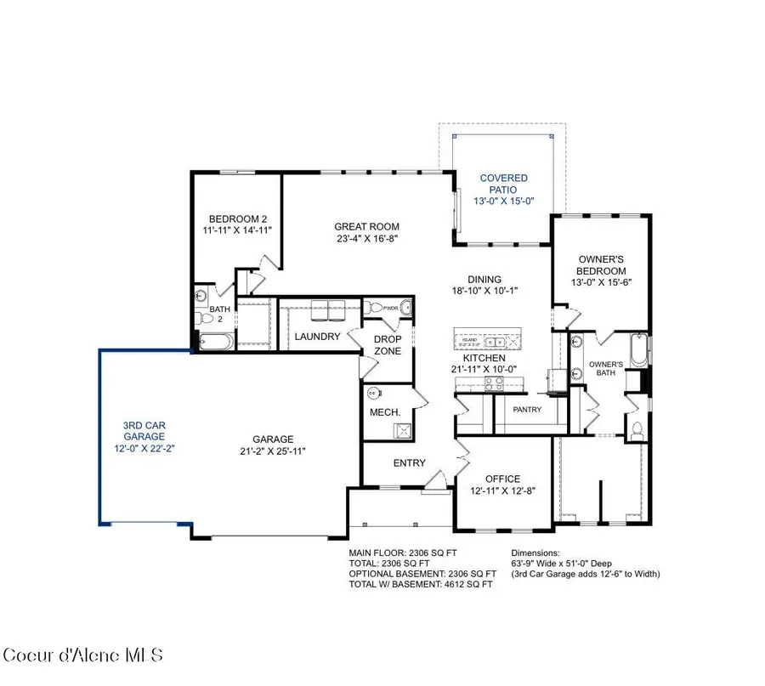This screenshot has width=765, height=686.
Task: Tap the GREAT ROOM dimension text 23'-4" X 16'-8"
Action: [x=365, y=239]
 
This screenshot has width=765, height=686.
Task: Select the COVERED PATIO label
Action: [x=504, y=184]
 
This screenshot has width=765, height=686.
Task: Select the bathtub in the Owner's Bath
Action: [x=638, y=350]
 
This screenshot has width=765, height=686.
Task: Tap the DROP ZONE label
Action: [x=388, y=345]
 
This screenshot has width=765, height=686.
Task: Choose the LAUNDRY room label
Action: [x=317, y=337]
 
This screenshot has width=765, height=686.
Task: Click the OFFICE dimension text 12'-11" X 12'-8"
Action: [x=502, y=490]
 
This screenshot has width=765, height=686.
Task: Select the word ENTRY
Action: [x=409, y=463]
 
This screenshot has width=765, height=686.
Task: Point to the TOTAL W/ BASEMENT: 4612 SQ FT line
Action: [x=421, y=584]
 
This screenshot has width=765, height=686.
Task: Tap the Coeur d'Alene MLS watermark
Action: [x=83, y=655]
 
